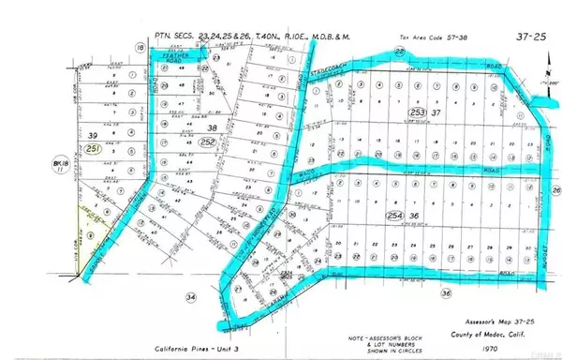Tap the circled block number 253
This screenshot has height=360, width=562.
(417, 113)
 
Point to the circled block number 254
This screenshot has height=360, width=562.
(416, 216)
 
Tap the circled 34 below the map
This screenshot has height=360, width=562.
(192, 297)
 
